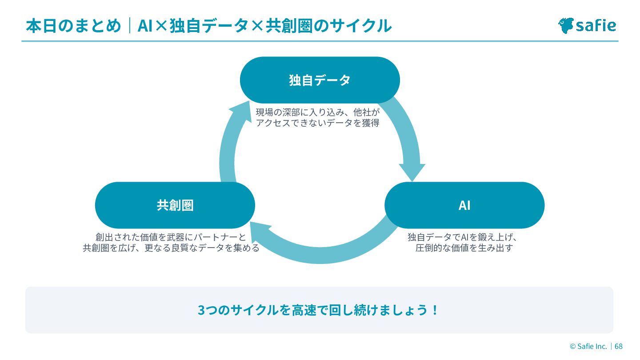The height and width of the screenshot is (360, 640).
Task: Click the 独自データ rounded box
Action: point(320,80)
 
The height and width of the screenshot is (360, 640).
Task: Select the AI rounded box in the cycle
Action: point(464,205)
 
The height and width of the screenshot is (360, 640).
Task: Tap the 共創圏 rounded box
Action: point(175,205)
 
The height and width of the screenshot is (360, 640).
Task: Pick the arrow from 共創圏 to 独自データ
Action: point(228,142)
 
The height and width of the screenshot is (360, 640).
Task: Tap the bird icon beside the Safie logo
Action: point(566,25)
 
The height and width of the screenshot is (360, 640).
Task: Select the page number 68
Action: point(618,346)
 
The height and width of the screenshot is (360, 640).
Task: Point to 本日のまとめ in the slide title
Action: point(73,26)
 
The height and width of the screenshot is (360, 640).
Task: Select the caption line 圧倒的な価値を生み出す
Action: point(464,248)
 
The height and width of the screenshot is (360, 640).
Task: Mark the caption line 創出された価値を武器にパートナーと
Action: point(171,237)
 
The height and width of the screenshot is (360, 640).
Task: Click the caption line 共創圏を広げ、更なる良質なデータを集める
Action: point(171,248)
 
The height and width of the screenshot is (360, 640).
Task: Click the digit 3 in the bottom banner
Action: point(201,310)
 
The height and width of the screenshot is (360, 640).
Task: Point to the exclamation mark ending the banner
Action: point(435,310)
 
